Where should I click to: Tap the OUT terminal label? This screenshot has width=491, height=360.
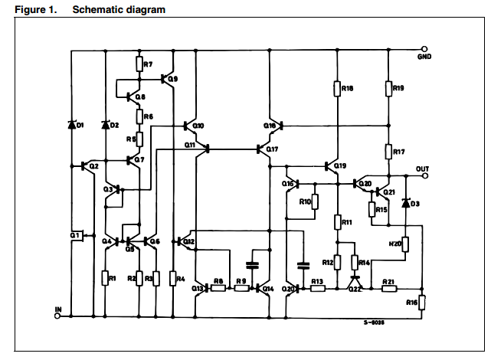tap(422, 168)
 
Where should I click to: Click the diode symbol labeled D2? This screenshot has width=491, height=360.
tap(105, 125)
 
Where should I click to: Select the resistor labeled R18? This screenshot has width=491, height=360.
tap(336, 89)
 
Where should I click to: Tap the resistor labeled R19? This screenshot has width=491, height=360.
tap(388, 89)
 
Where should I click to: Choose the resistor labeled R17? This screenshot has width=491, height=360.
tap(388, 152)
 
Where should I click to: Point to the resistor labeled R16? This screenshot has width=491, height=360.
tap(422, 303)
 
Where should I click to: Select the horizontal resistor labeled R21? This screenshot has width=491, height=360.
tap(388, 290)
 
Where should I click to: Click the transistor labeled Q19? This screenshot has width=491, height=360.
tap(332, 165)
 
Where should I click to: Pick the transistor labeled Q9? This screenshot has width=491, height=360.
tap(166, 78)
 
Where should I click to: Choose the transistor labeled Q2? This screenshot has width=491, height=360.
tap(86, 165)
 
